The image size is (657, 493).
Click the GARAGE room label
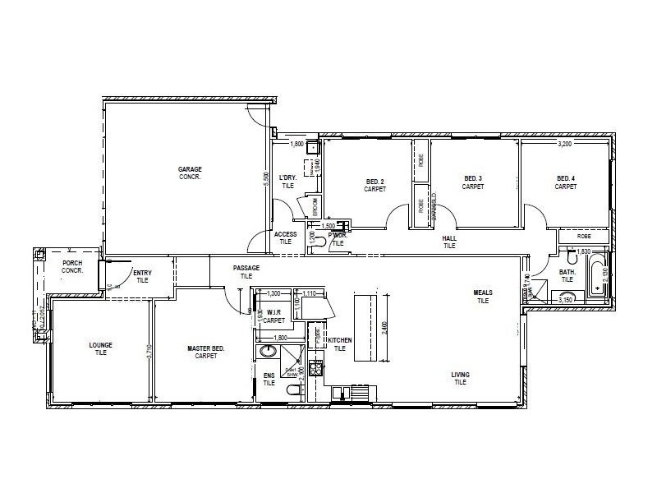pos(190,173)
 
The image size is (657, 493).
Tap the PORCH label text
pos(72,267)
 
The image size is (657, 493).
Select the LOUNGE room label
pos(100,348)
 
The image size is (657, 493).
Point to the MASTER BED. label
pos(205,352)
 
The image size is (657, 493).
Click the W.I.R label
pos(273,316)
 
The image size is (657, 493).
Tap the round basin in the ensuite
pos(268,352)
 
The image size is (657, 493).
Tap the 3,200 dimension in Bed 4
pos(564,144)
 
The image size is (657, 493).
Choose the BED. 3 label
pos(472,182)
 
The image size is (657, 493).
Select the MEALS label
pos(482,297)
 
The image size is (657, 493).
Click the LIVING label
pos(460,378)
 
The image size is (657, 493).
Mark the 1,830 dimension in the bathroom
pos(583,251)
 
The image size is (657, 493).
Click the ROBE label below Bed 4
pos(584,236)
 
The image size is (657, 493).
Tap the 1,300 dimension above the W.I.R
pos(273,293)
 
